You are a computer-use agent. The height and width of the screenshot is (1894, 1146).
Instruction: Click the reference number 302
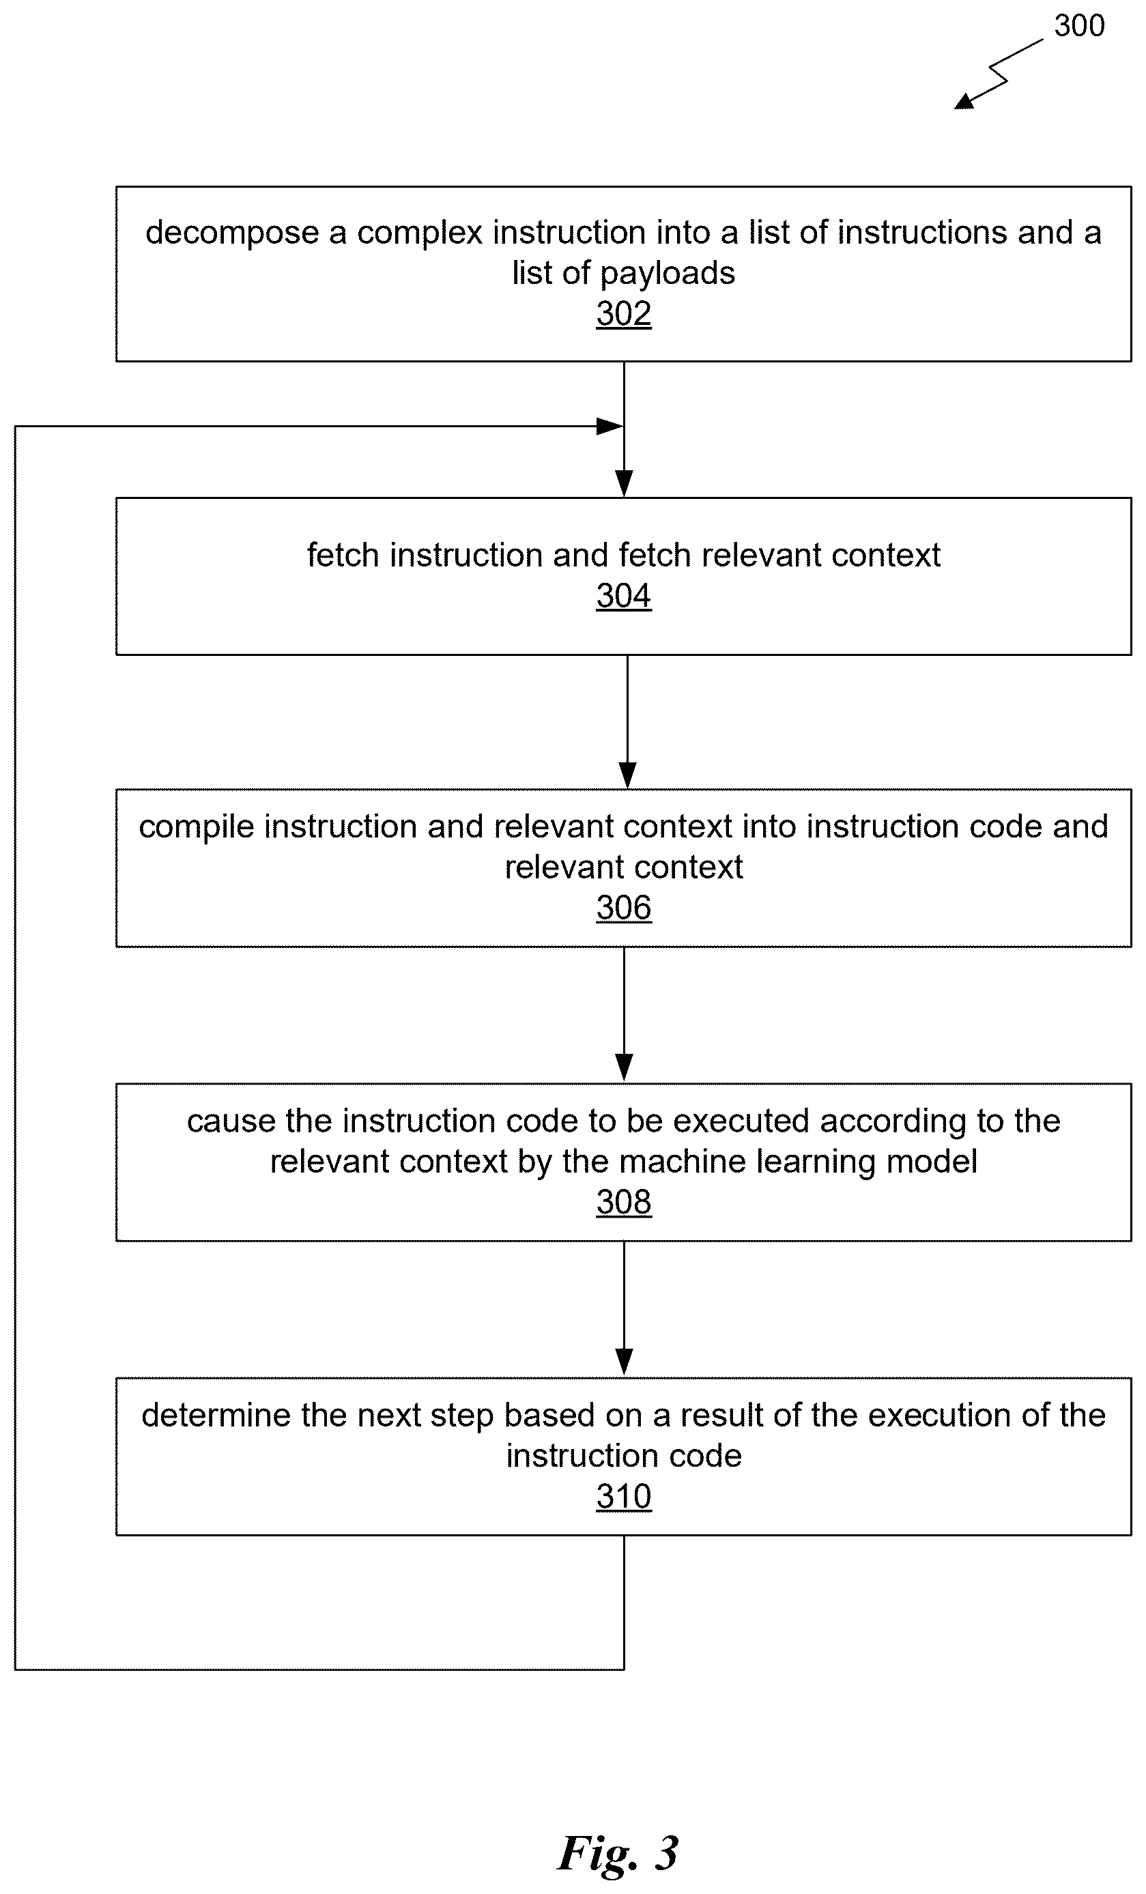point(623,313)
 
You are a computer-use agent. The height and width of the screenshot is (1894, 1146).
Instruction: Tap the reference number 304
point(623,596)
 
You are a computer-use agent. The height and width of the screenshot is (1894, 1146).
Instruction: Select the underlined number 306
point(623,908)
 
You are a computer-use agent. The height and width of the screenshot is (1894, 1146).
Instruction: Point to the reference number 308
point(623,1202)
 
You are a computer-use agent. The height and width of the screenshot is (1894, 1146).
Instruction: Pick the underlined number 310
point(623,1497)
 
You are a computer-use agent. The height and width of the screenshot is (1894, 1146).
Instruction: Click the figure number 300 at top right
point(1079,26)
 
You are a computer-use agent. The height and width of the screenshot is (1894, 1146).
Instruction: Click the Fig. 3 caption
point(618,1852)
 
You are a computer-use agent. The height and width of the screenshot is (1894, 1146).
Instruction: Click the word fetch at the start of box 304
point(343,555)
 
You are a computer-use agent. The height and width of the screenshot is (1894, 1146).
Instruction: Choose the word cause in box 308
point(231,1121)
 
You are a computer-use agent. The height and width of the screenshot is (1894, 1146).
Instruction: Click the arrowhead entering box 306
point(627,775)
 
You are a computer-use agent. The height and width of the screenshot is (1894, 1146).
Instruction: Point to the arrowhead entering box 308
point(624,1068)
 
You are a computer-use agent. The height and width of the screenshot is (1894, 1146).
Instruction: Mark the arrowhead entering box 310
point(624,1363)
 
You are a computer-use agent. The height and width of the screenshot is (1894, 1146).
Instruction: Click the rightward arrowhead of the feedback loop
point(610,426)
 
